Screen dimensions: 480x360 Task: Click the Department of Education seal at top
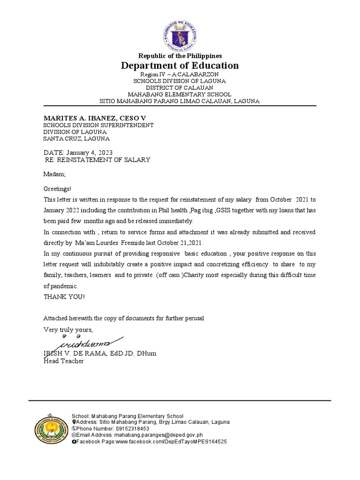[x=180, y=35]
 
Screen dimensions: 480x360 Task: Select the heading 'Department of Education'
[x=180, y=66]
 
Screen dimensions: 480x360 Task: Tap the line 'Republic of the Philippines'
[x=180, y=56]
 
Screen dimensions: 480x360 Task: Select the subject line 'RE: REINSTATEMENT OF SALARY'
[x=97, y=160]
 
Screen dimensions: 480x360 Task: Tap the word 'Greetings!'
[x=58, y=189]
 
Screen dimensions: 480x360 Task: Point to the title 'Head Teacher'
[x=64, y=361]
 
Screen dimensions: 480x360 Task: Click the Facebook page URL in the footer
[x=171, y=442]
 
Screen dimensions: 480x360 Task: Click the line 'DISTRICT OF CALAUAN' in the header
[x=180, y=88]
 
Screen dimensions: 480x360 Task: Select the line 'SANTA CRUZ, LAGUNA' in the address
[x=76, y=138]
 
